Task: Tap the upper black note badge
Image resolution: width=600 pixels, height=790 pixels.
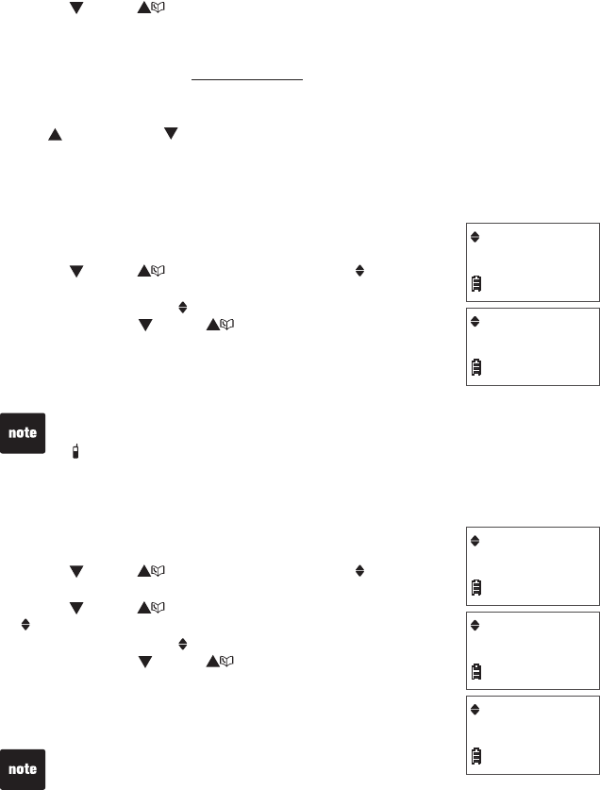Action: (x=23, y=433)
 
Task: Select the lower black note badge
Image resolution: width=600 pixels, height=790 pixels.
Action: (x=23, y=769)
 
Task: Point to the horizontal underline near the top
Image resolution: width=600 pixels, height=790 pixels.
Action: (x=247, y=81)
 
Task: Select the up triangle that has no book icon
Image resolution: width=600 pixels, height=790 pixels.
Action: (x=55, y=135)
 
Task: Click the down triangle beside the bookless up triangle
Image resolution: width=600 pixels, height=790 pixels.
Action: (x=171, y=135)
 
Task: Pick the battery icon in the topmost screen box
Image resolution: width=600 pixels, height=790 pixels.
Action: (x=477, y=281)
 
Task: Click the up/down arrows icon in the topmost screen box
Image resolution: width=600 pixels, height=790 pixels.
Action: (x=475, y=237)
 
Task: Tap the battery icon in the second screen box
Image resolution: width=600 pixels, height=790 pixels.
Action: (x=477, y=366)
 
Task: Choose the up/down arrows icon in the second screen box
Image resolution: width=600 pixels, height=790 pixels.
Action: (x=475, y=322)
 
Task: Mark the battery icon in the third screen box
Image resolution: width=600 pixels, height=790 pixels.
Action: (x=477, y=586)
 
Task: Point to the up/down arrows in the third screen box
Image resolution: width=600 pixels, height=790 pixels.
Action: (x=475, y=541)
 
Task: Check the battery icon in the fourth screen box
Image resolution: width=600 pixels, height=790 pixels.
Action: (x=477, y=670)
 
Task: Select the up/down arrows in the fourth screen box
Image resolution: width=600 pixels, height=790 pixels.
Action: (x=475, y=625)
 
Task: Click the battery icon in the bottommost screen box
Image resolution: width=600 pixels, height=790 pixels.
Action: (x=477, y=755)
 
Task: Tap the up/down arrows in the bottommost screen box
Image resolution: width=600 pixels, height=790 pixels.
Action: (x=475, y=710)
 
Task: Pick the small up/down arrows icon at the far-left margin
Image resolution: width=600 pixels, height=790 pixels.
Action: (x=25, y=625)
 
